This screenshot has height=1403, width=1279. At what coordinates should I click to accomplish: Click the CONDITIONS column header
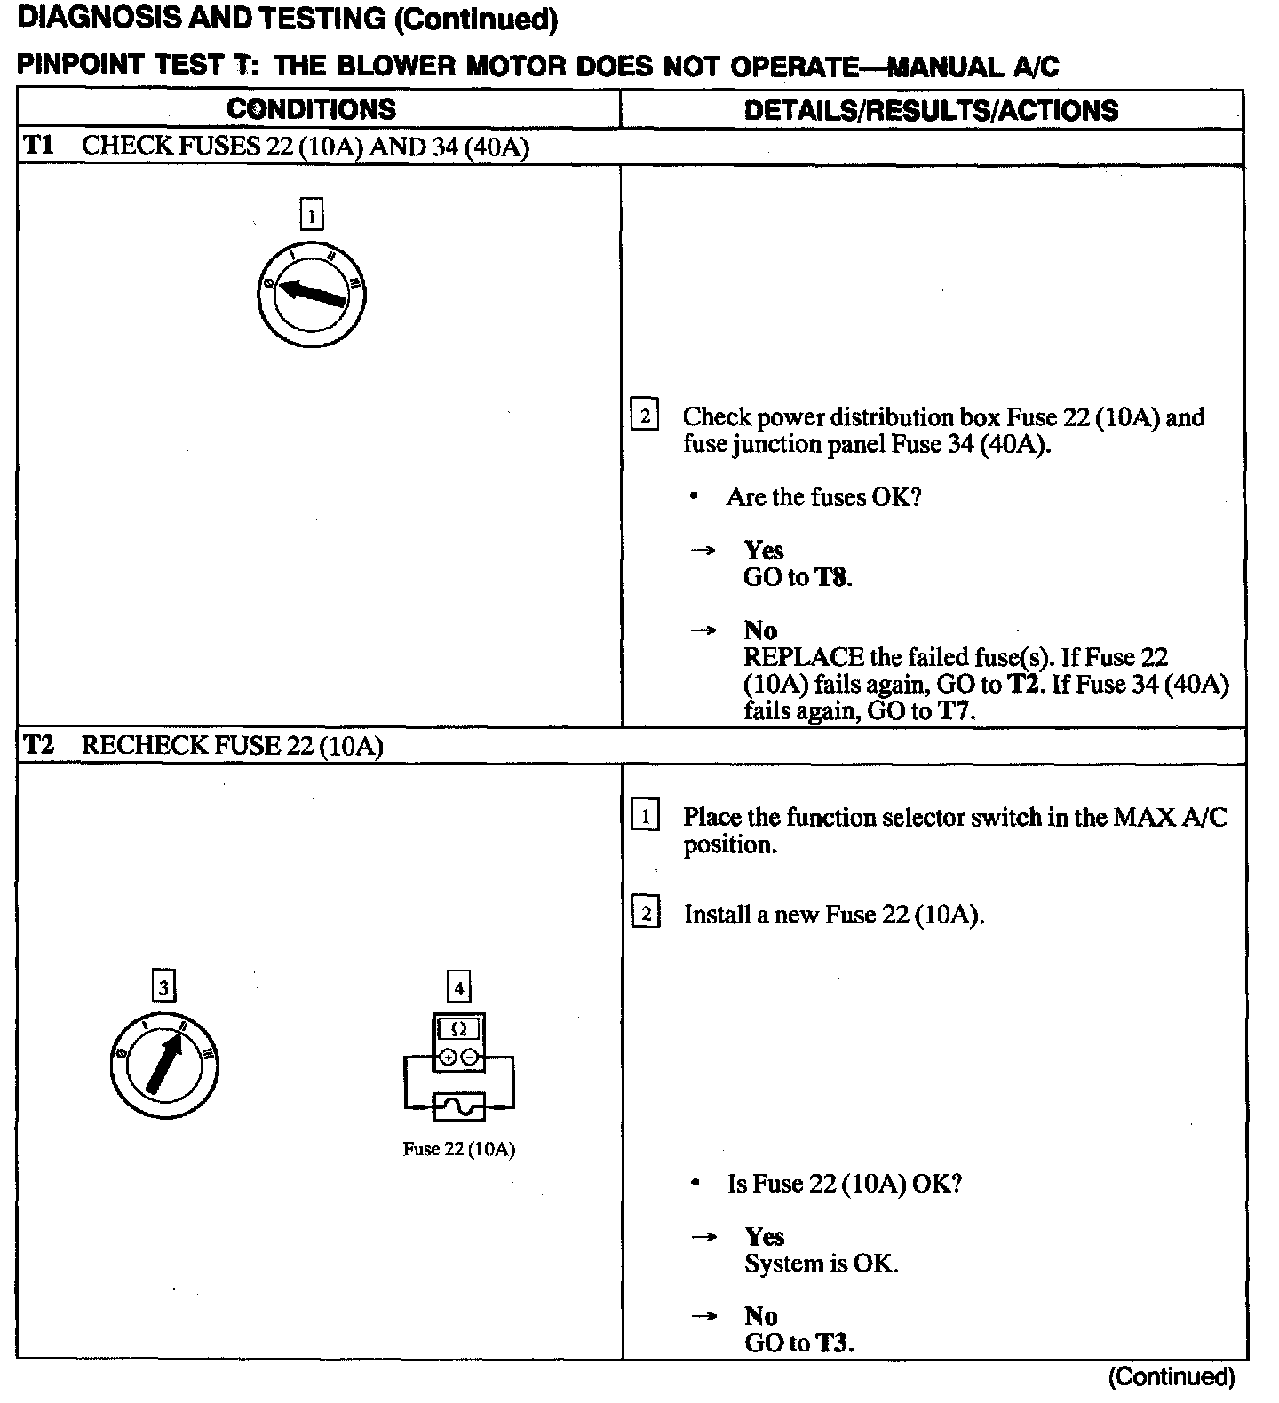312,109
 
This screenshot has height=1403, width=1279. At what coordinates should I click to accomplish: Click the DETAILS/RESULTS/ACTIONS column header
931,110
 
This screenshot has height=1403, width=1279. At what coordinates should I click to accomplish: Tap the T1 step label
38,146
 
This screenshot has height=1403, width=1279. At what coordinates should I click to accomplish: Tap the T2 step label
38,745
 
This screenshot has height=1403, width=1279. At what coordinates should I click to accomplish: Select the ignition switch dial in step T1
312,293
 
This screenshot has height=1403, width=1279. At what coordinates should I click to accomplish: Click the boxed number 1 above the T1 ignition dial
312,215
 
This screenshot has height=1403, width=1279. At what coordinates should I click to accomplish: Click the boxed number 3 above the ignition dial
163,987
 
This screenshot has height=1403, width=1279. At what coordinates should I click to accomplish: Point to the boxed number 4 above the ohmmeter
458,987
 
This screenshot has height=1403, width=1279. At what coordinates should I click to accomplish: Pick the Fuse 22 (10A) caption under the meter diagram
459,1149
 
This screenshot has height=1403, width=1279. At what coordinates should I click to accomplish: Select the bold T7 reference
955,711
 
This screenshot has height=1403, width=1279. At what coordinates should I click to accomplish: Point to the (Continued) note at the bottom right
1172,1377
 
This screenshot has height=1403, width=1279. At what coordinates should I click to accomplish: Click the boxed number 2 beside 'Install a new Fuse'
645,914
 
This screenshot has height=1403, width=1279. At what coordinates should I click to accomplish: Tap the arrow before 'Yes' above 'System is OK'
704,1237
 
